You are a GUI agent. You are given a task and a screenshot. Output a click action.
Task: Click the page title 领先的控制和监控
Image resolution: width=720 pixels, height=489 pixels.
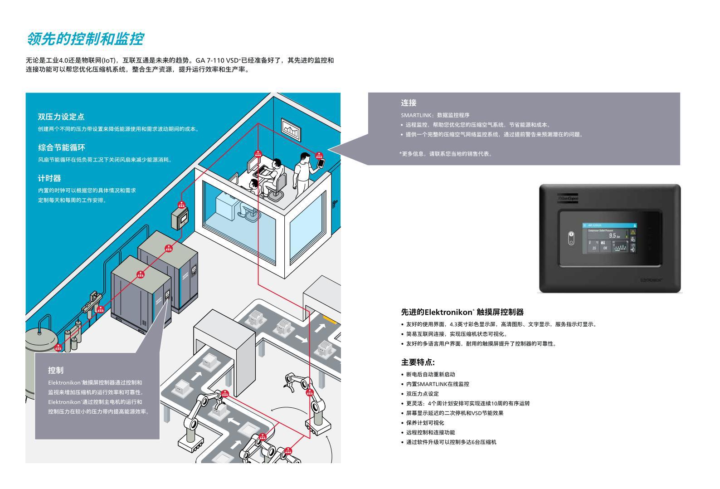[x=85, y=39]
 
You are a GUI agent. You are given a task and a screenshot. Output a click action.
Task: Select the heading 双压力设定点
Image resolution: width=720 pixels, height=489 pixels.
[x=61, y=117]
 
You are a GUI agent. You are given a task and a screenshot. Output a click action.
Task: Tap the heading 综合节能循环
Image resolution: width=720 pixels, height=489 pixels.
[x=62, y=147]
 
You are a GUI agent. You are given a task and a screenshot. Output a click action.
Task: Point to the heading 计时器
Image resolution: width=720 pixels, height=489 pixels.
[x=49, y=178]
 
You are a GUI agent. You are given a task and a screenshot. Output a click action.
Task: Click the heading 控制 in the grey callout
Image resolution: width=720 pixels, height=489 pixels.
[x=56, y=370]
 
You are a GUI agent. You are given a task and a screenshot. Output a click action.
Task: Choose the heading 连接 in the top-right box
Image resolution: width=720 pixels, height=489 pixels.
[x=409, y=103]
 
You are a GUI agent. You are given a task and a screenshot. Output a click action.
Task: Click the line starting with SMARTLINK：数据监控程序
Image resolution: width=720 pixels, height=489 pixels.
[x=435, y=115]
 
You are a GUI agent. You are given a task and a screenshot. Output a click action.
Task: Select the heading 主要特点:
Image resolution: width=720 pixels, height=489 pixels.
[x=418, y=362]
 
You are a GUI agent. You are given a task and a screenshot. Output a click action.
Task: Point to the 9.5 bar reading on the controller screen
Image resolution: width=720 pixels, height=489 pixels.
[x=613, y=235]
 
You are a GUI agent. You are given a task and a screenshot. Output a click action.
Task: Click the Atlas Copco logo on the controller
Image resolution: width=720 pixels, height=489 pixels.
[x=568, y=199]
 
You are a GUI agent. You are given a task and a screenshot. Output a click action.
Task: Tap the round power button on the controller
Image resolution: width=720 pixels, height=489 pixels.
[x=571, y=238]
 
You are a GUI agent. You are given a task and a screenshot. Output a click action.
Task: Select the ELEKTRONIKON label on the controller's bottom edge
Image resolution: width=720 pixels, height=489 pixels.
[x=652, y=280]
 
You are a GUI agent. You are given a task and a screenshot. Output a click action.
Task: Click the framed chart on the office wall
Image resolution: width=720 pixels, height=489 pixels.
[x=292, y=130]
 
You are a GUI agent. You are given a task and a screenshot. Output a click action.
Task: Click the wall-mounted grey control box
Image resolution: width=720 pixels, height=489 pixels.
[x=180, y=219]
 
